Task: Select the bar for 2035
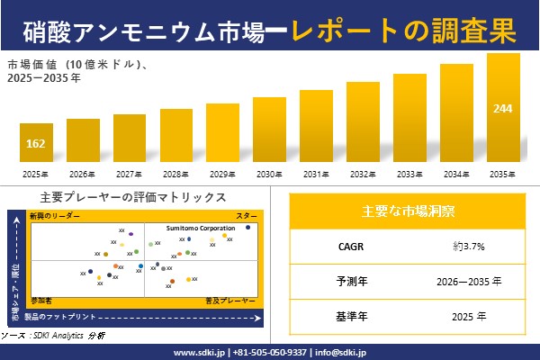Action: [x=503, y=108]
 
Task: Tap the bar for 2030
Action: [x=269, y=130]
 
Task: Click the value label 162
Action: [x=36, y=144]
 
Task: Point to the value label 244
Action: [x=503, y=109]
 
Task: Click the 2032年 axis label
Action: [x=362, y=173]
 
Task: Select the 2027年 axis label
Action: [x=130, y=173]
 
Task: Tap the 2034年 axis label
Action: [x=456, y=173]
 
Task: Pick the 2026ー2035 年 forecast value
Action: [x=469, y=281]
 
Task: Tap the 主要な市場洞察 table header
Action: [x=408, y=211]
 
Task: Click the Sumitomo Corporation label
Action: [x=201, y=229]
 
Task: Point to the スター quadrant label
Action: [x=247, y=217]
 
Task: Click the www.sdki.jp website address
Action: [x=199, y=352]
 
